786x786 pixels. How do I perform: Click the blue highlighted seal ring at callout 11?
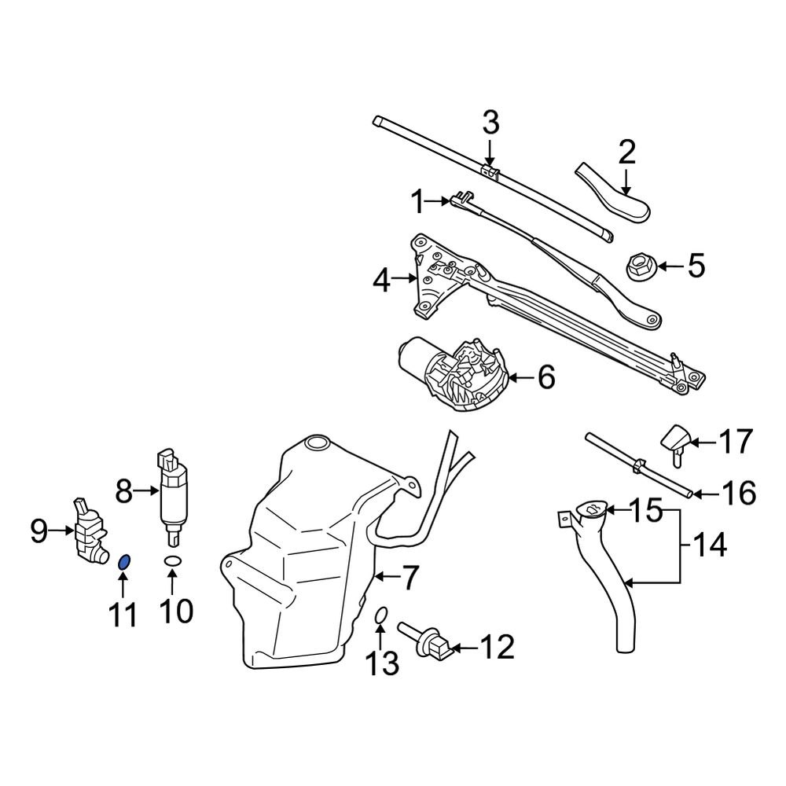[124, 561]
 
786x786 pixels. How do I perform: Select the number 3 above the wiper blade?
[490, 123]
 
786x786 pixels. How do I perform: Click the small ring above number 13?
[379, 617]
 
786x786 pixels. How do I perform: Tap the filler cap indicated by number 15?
[591, 511]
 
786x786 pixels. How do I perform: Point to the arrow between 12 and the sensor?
[465, 648]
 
